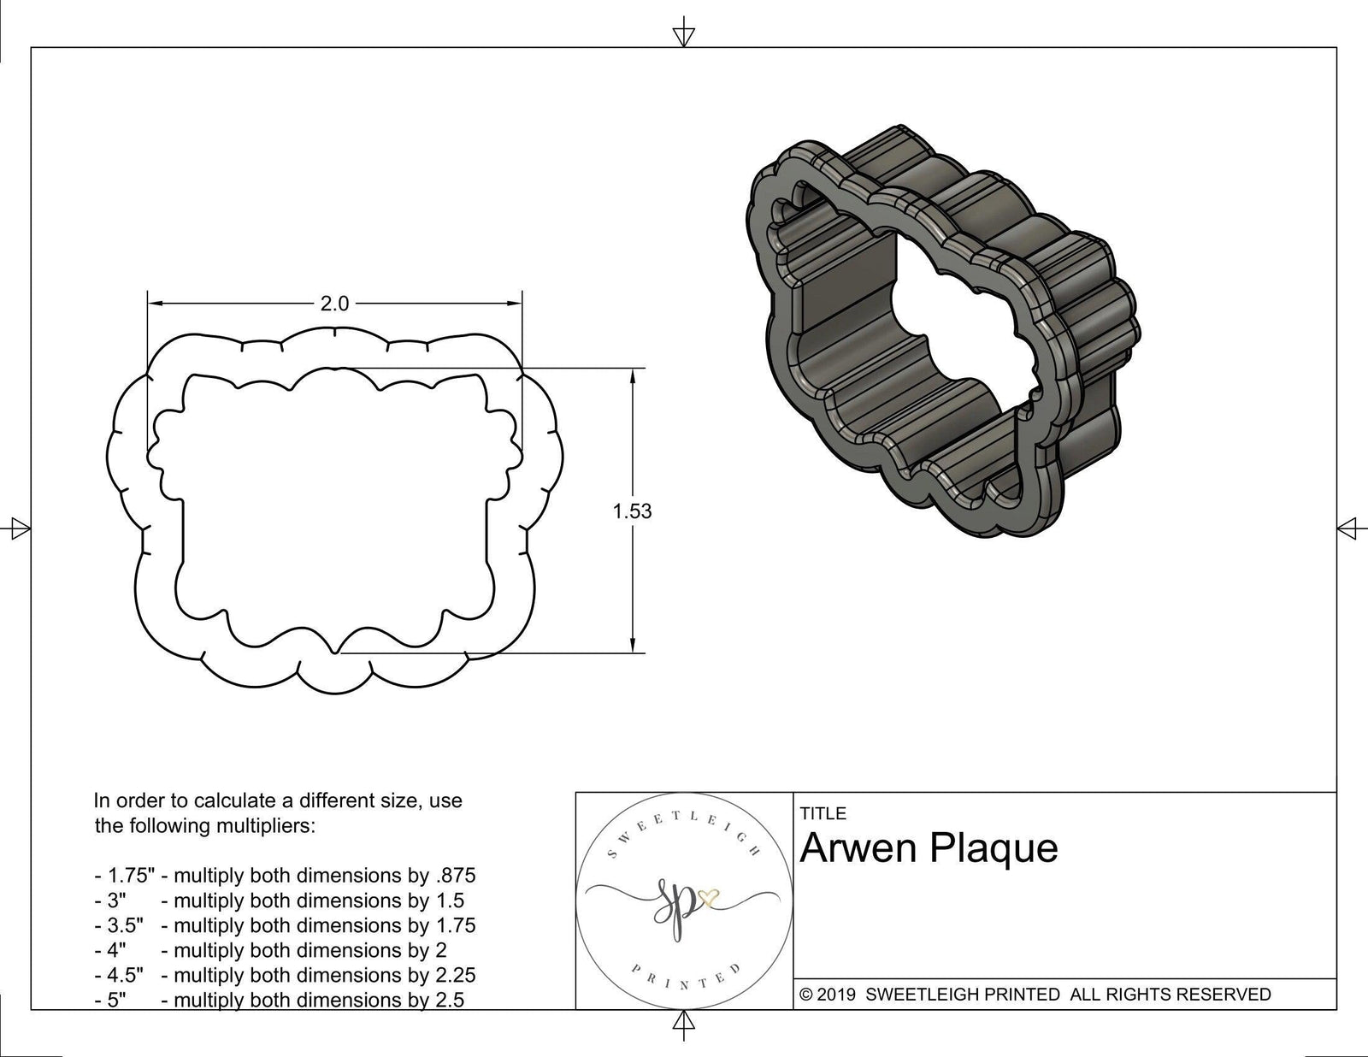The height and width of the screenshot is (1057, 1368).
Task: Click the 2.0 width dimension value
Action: [334, 304]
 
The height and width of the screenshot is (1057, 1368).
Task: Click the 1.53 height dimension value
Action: [632, 511]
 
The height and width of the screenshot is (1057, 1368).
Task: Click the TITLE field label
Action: [823, 813]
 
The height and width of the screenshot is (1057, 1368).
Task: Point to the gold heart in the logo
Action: [708, 899]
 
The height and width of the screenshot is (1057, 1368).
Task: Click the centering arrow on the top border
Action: [683, 35]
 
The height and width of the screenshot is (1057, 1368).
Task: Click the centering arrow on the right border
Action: [1349, 528]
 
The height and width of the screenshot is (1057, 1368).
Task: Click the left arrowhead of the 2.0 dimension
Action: [155, 303]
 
